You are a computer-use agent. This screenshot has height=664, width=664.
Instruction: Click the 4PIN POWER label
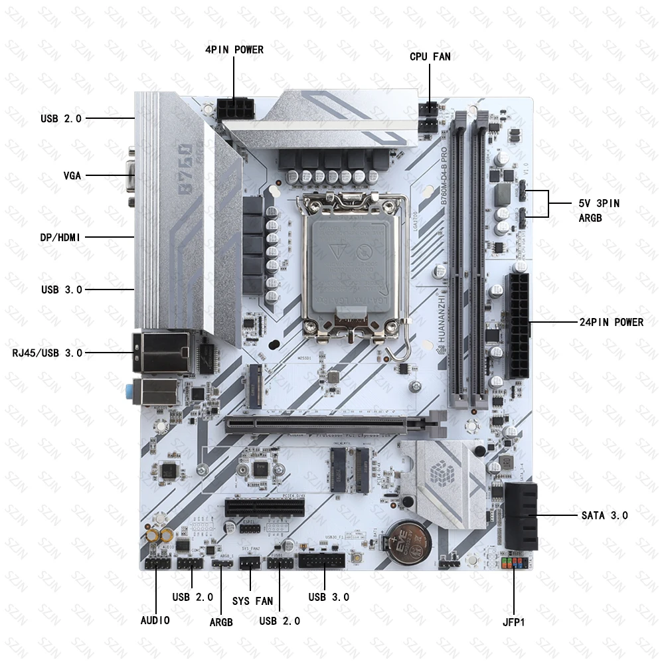(x=234, y=50)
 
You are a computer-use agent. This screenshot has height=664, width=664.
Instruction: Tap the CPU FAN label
(x=430, y=56)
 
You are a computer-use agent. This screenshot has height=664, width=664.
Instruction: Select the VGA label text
(x=72, y=176)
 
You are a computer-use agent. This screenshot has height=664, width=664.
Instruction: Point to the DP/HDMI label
(x=60, y=237)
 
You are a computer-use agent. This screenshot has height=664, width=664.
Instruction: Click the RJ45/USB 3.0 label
(x=47, y=353)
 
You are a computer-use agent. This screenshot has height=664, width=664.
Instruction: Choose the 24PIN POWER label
(x=610, y=323)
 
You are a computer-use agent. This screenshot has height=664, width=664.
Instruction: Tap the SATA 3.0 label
(x=604, y=515)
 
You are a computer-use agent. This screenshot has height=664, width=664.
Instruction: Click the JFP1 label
(x=513, y=623)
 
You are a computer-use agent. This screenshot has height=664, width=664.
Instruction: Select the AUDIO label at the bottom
(x=155, y=620)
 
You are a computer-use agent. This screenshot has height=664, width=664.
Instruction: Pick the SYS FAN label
(x=252, y=602)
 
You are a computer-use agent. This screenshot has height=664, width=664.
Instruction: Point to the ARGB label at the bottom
(x=221, y=622)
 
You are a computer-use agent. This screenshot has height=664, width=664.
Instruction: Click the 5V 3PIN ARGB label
(x=598, y=210)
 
